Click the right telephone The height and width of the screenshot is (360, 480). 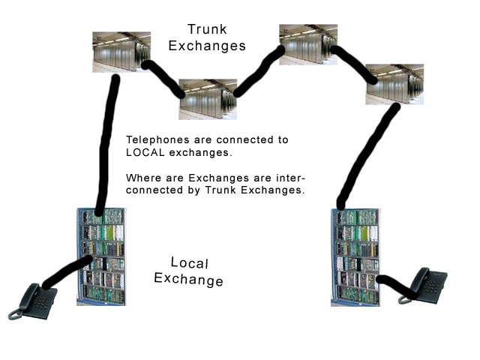425,286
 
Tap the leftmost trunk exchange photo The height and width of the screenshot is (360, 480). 121,51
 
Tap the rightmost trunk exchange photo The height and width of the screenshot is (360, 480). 394,83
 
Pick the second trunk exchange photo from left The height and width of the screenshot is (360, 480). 208,99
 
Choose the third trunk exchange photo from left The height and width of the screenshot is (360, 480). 307,44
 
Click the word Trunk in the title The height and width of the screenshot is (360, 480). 207,30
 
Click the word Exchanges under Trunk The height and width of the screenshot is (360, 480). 207,46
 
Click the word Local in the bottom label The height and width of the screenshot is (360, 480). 190,262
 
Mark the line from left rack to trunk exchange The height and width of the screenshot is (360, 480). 107,142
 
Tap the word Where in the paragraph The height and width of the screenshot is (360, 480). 142,178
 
